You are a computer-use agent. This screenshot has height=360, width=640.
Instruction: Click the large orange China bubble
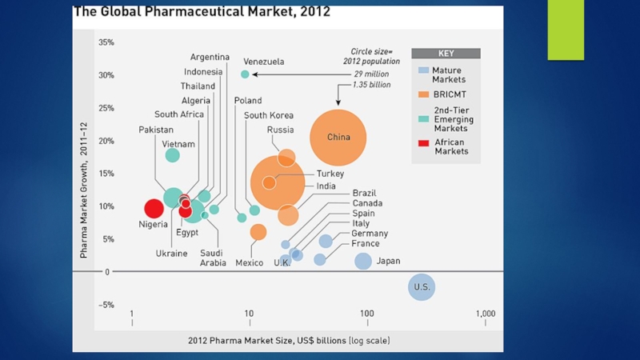pyautogui.click(x=338, y=138)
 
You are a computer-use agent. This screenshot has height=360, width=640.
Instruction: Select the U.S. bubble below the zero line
pyautogui.click(x=422, y=286)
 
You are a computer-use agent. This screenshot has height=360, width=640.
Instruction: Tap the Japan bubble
pyautogui.click(x=363, y=261)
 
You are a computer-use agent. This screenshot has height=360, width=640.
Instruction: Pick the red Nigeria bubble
pyautogui.click(x=154, y=209)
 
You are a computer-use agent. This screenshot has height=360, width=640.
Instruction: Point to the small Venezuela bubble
pyautogui.click(x=245, y=74)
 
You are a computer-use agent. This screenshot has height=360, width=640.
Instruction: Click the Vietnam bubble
pyautogui.click(x=172, y=155)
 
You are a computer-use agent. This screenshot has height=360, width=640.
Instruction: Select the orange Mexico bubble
pyautogui.click(x=258, y=232)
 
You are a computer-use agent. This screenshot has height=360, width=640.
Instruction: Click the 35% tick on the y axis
pyautogui.click(x=106, y=42)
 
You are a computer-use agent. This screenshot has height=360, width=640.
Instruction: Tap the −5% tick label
pyautogui.click(x=106, y=305)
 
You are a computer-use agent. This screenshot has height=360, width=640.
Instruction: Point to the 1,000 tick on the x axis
pyautogui.click(x=485, y=314)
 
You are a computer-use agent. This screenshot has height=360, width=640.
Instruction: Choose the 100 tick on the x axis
pyautogui.click(x=366, y=314)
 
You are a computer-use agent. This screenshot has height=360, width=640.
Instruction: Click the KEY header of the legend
pyautogui.click(x=446, y=54)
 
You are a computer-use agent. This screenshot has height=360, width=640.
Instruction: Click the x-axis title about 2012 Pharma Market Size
pyautogui.click(x=289, y=340)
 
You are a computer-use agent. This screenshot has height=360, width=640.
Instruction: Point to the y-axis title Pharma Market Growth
pyautogui.click(x=83, y=190)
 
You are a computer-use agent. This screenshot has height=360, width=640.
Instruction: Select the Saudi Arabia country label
pyautogui.click(x=213, y=258)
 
